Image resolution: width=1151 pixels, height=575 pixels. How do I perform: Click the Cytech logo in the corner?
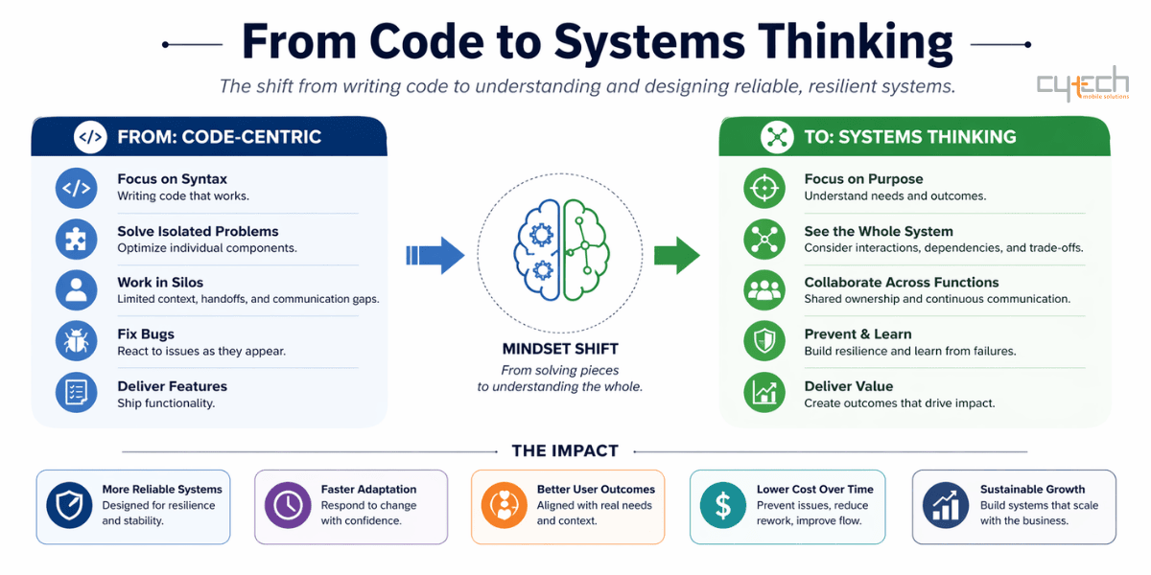(1082, 84)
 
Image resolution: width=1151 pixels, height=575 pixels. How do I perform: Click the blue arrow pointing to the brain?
(435, 255)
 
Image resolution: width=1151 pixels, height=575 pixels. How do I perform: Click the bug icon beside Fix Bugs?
(77, 342)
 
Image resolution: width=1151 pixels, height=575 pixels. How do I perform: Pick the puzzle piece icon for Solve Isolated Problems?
(77, 239)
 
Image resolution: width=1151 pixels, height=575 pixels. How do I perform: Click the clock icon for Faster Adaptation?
(287, 505)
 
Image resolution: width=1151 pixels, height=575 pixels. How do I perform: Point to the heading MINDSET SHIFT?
(560, 349)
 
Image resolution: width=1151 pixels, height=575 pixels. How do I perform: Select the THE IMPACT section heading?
(565, 450)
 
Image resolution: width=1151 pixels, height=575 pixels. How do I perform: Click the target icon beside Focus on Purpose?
(763, 187)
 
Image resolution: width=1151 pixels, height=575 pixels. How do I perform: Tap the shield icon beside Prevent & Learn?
(763, 342)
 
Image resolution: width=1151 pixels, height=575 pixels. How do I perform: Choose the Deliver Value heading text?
(848, 386)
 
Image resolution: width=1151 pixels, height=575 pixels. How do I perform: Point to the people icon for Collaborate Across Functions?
(763, 290)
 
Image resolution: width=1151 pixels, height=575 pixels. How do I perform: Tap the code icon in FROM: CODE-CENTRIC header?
(90, 137)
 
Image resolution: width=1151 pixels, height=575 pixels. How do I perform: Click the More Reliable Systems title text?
(162, 489)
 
